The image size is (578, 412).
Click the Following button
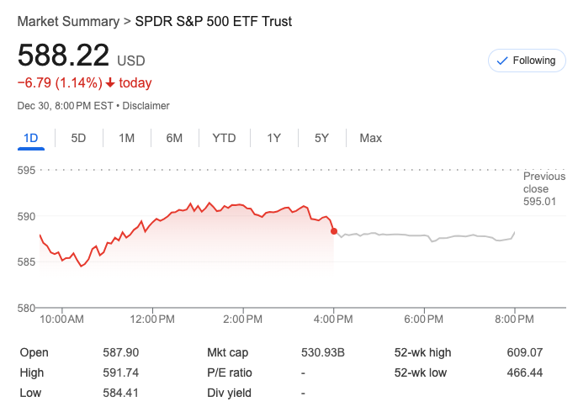528,61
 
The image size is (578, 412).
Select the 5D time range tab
78,138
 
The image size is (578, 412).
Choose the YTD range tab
224,138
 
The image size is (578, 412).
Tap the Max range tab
370,138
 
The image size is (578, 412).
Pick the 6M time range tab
174,138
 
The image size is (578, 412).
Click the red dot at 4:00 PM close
335,231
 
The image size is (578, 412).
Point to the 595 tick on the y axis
28,171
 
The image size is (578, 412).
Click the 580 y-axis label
28,308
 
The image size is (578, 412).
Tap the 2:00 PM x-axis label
244,320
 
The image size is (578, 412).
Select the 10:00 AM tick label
62,320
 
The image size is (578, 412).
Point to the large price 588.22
64,55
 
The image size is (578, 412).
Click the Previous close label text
544,182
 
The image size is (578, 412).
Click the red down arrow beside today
110,83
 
